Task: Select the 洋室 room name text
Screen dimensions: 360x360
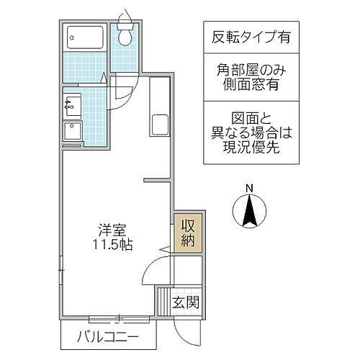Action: (x=114, y=230)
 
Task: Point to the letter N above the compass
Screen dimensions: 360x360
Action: (x=250, y=189)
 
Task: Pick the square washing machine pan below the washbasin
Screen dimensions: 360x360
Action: (x=73, y=132)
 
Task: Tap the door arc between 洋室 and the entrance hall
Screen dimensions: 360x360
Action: (x=155, y=274)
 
